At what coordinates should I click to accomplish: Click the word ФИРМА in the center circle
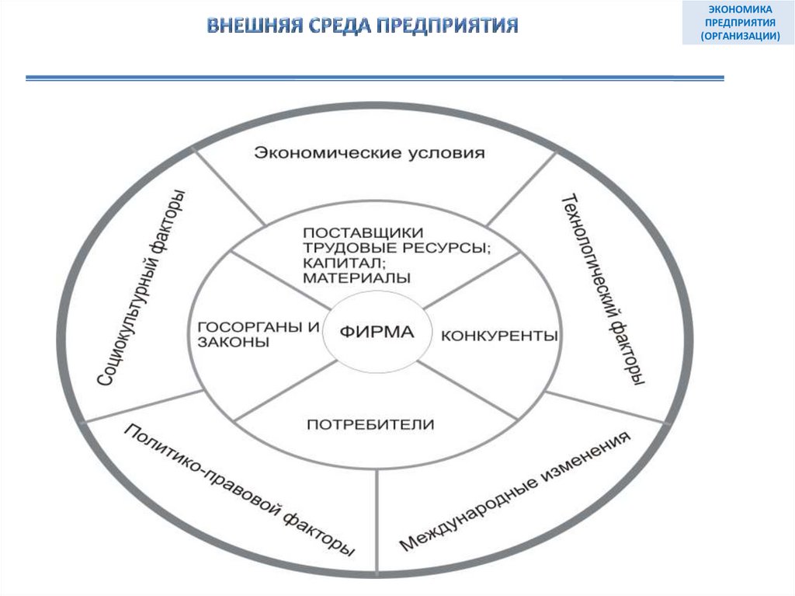click(x=376, y=333)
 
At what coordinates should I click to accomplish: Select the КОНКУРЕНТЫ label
click(x=500, y=336)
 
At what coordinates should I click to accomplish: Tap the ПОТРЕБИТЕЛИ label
click(x=370, y=424)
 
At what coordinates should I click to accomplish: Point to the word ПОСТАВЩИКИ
click(x=363, y=233)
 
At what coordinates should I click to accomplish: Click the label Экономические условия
click(x=369, y=152)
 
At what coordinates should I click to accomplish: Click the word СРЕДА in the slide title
click(x=328, y=26)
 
